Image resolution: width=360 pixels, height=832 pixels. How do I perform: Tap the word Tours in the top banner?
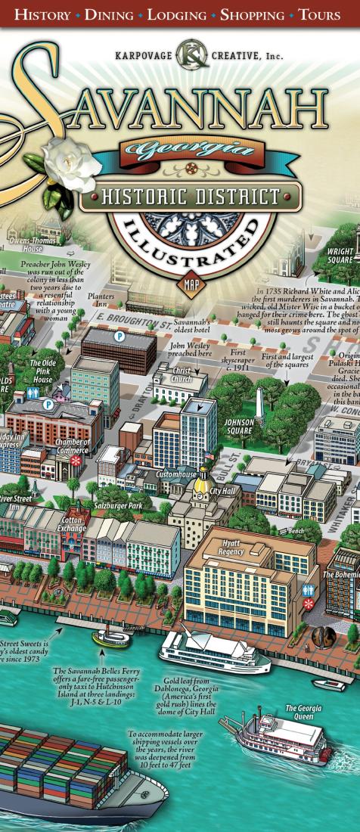pos(322,14)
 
